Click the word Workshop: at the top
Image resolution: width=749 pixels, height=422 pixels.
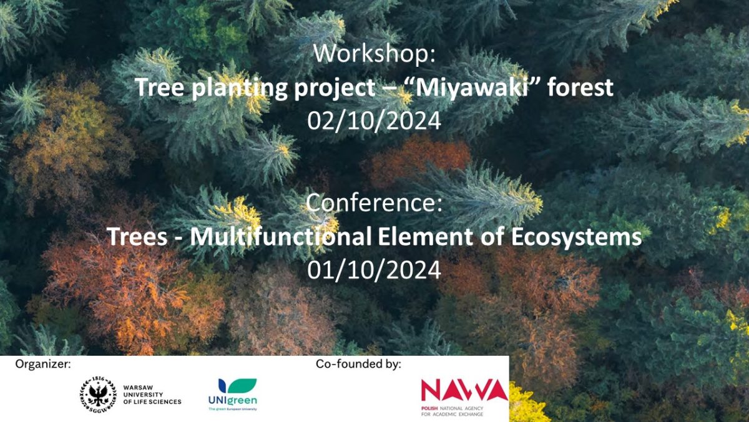pyautogui.click(x=374, y=53)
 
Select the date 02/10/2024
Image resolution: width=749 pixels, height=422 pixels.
pyautogui.click(x=374, y=121)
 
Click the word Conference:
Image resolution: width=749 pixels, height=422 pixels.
pyautogui.click(x=374, y=203)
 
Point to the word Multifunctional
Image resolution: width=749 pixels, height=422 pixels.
pyautogui.click(x=281, y=236)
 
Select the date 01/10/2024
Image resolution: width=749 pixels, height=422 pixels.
pyautogui.click(x=374, y=270)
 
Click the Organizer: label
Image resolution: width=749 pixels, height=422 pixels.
pyautogui.click(x=43, y=364)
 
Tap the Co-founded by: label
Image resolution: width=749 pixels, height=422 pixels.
pyautogui.click(x=358, y=364)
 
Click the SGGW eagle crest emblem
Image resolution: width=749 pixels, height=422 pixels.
pyautogui.click(x=98, y=394)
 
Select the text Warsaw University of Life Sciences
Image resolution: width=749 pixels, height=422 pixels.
pyautogui.click(x=152, y=394)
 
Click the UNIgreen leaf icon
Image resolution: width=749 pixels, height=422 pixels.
pyautogui.click(x=237, y=386)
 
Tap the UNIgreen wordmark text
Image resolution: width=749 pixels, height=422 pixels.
pyautogui.click(x=233, y=401)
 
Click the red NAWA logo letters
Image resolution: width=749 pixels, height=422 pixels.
pyautogui.click(x=464, y=390)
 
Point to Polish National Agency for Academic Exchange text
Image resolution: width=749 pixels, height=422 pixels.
pyautogui.click(x=452, y=411)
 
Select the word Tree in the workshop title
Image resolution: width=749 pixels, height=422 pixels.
pyautogui.click(x=159, y=88)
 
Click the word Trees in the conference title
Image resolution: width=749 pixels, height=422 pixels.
pyautogui.click(x=137, y=236)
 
